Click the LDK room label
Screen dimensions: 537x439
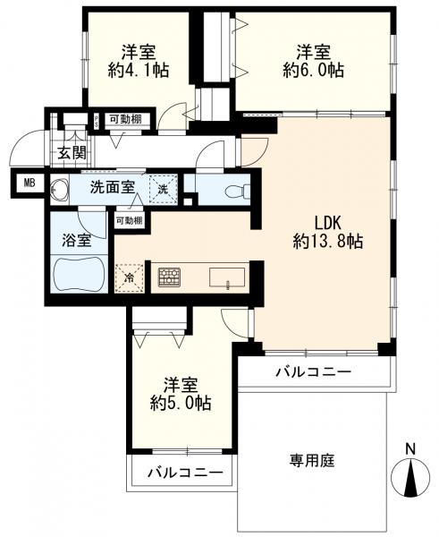point(325,221)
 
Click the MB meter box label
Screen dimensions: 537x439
point(30,185)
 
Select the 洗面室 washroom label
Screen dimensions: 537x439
point(113,188)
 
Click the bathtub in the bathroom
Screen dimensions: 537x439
point(80,272)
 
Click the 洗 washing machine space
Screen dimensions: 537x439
point(162,189)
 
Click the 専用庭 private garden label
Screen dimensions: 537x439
point(310,461)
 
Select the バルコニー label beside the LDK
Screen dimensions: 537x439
point(312,371)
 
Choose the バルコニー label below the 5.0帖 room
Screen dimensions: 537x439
point(184,472)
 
